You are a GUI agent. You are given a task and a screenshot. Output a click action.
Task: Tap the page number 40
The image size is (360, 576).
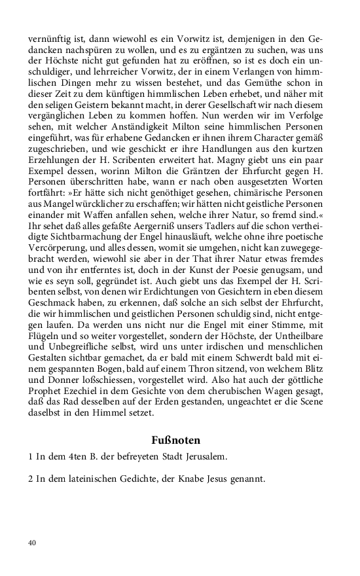point(33,543)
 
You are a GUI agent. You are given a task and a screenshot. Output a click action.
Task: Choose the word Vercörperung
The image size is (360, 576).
point(57,245)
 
